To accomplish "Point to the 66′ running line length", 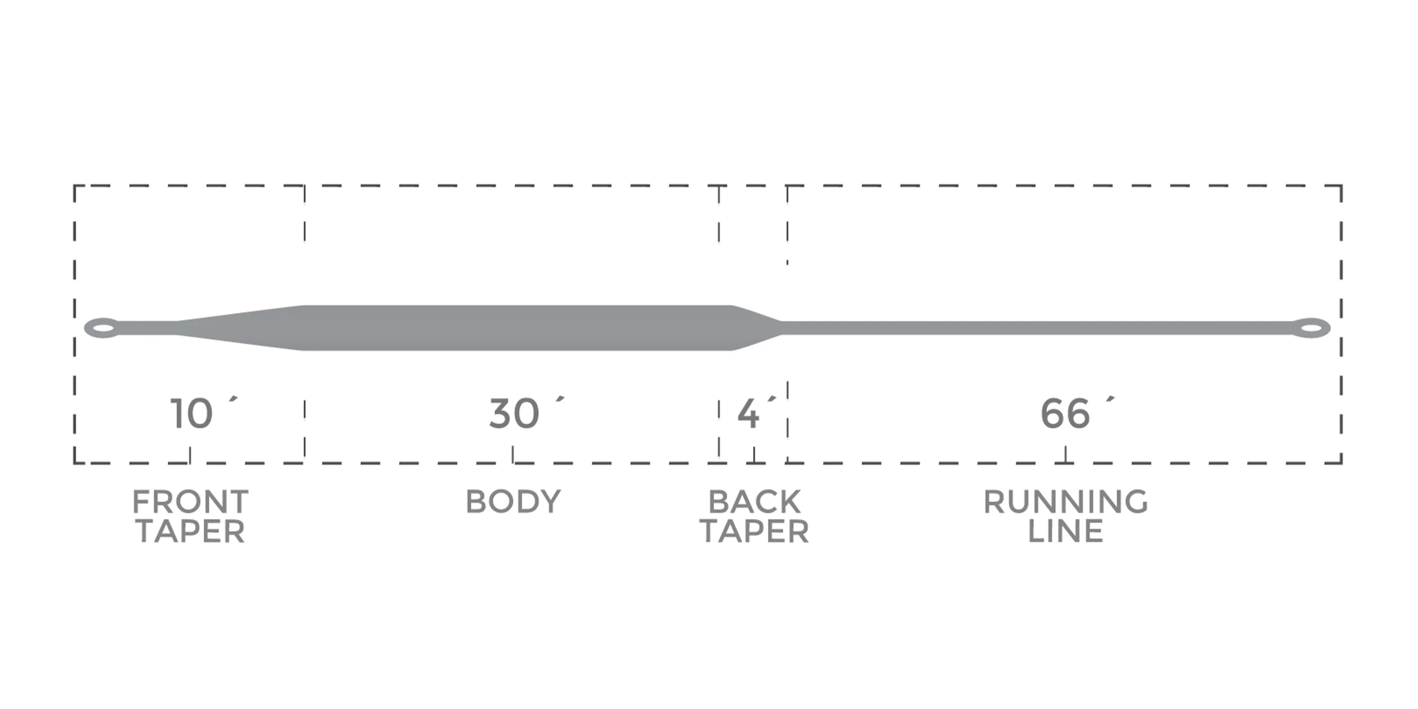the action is [x=1077, y=412].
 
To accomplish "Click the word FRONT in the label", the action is [x=190, y=502].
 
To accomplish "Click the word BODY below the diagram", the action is [x=513, y=502].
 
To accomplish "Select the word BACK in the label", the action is [x=754, y=502].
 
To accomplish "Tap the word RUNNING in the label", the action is [x=1066, y=502].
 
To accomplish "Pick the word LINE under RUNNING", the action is [x=1066, y=531].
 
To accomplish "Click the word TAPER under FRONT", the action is [x=190, y=531].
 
